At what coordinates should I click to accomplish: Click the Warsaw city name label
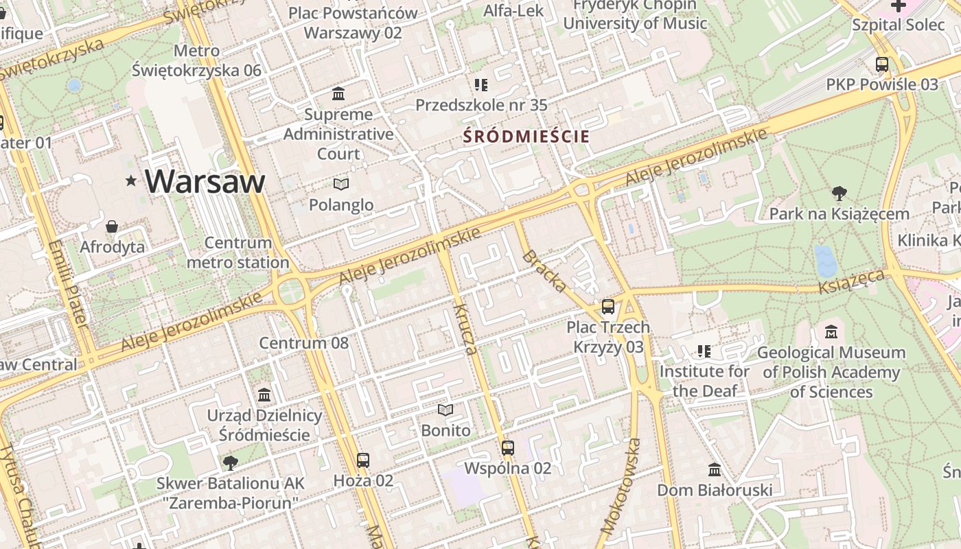205,181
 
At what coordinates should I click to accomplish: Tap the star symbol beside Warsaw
131,181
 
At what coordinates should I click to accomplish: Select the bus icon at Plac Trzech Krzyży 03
607,306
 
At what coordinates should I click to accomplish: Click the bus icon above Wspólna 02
508,447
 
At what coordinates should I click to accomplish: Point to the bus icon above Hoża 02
363,460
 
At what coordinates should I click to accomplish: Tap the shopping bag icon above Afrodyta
112,226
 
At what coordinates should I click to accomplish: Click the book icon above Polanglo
341,184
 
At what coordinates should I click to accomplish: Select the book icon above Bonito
445,410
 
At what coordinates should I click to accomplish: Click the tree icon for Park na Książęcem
839,193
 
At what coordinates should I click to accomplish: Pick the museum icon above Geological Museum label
831,331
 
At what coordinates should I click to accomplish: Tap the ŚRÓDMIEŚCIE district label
526,137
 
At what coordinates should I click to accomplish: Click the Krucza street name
465,329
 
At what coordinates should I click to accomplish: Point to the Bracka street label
544,271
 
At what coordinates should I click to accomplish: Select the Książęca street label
852,281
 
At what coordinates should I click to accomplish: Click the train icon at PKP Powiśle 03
882,65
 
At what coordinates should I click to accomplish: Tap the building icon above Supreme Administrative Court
338,93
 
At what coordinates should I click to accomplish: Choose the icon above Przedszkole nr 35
481,84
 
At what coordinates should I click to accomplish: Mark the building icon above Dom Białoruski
715,470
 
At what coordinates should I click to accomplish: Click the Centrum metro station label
238,253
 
